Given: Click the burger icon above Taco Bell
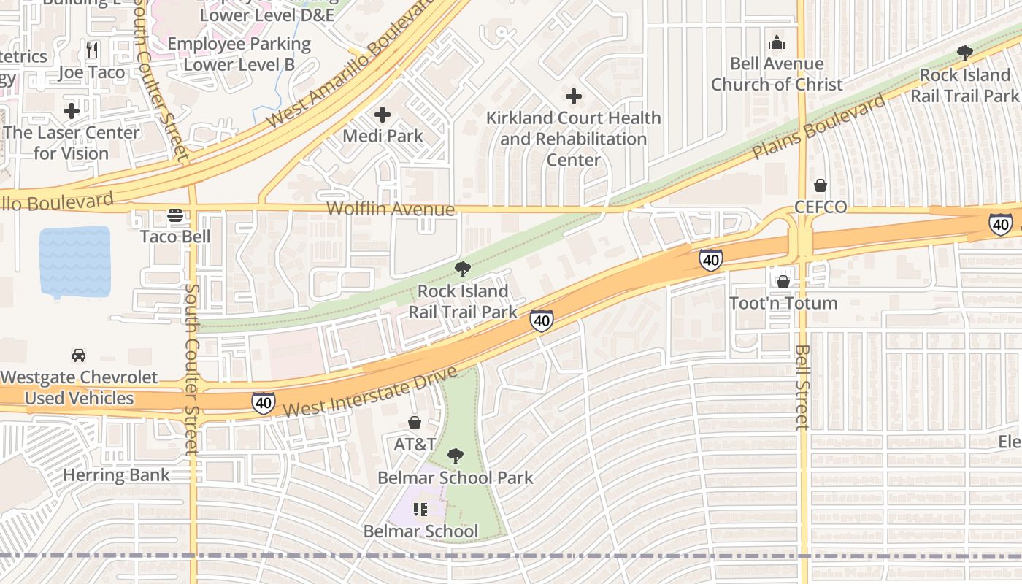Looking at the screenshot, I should tap(174, 215).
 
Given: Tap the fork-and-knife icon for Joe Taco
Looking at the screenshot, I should tap(92, 50).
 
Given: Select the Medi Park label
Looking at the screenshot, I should tap(383, 136).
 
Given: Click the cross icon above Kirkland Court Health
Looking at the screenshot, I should tap(574, 96).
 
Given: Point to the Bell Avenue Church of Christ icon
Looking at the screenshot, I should tap(777, 43).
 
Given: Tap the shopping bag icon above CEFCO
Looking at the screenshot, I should tap(821, 185).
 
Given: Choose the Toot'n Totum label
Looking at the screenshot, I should tap(783, 302).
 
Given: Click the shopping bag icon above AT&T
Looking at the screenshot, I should tap(415, 423).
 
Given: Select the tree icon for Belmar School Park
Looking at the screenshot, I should tap(455, 457).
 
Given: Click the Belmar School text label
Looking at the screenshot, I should tap(421, 531).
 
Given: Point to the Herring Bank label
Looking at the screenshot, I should tap(116, 475).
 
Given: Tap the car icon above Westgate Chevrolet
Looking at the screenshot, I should tap(79, 356).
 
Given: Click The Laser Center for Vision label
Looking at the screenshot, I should tap(72, 143).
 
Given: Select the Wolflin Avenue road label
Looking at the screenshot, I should tap(391, 210).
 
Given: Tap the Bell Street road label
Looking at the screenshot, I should tap(802, 387).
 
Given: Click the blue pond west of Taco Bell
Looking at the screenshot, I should tap(74, 262).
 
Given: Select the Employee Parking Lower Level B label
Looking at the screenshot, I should tap(239, 54).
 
